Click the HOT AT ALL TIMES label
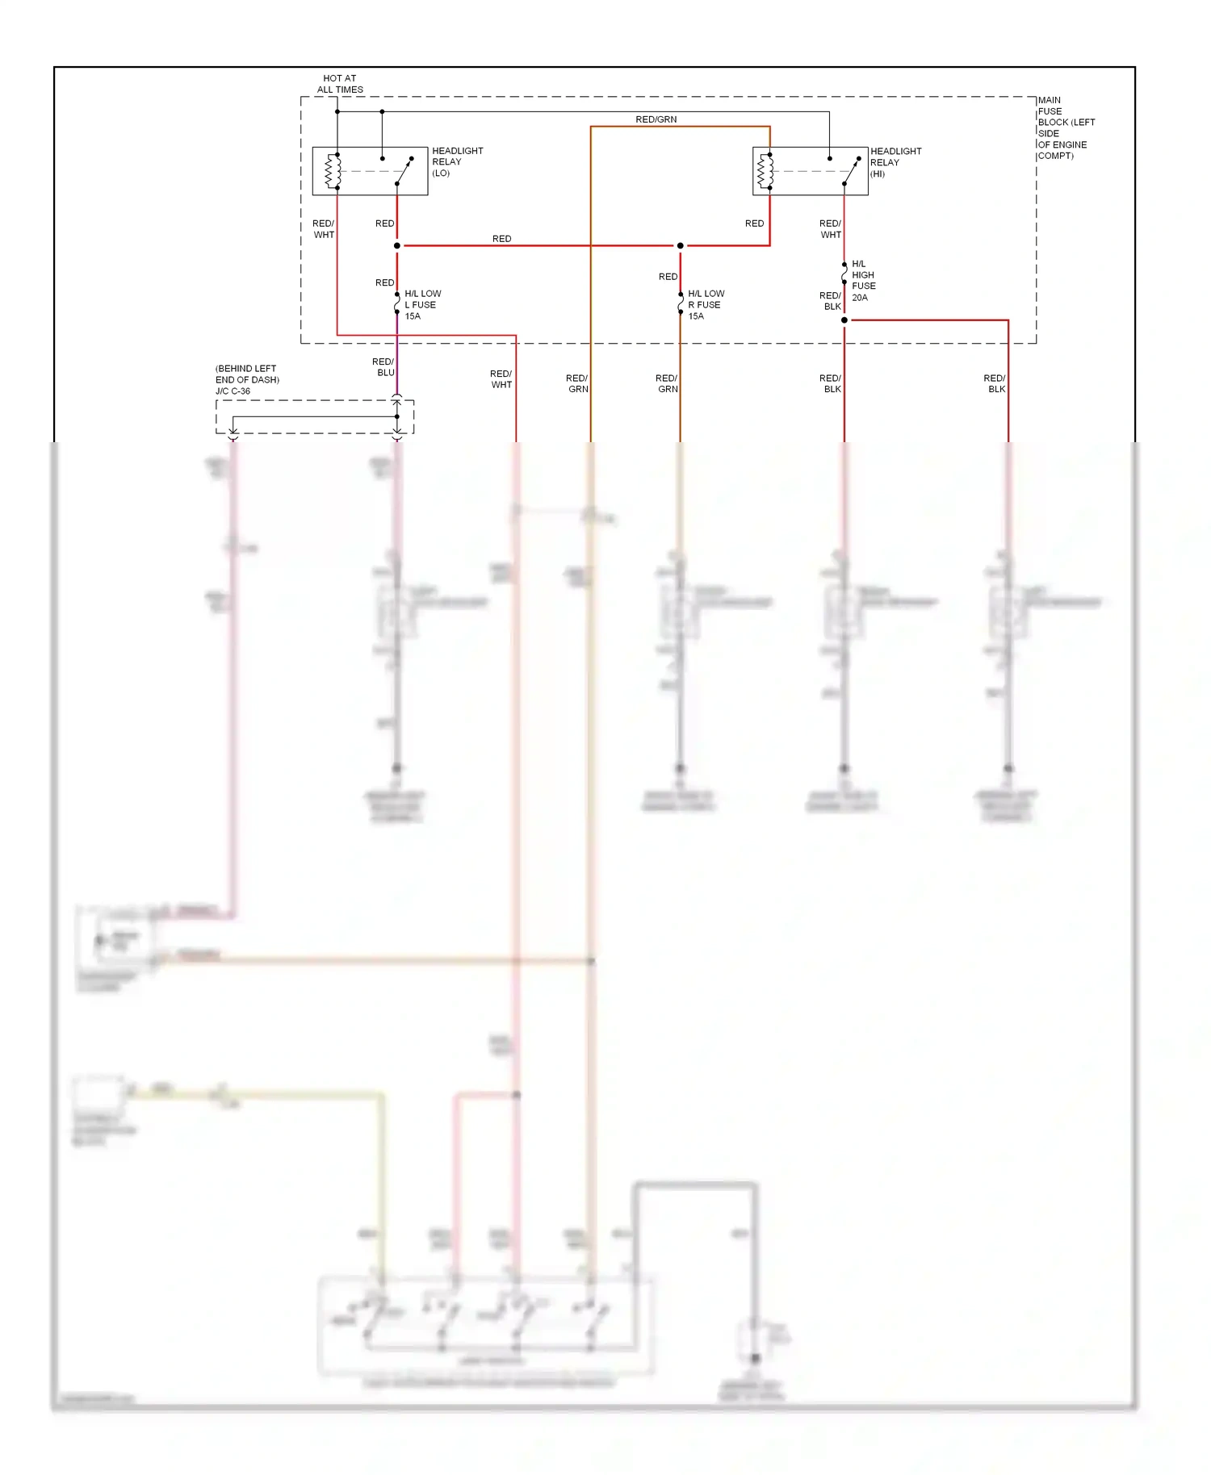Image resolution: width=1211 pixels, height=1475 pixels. pyautogui.click(x=340, y=84)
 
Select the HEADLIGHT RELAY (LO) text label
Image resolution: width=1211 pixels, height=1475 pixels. pyautogui.click(x=457, y=161)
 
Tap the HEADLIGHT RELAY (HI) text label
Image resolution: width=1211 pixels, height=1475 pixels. pyautogui.click(x=895, y=162)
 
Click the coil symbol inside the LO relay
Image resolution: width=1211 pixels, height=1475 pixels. pyautogui.click(x=330, y=171)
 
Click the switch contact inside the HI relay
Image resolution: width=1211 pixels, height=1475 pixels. pyautogui.click(x=851, y=171)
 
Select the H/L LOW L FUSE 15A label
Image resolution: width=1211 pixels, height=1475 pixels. pyautogui.click(x=422, y=305)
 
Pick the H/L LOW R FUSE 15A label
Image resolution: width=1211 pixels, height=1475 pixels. pyautogui.click(x=706, y=305)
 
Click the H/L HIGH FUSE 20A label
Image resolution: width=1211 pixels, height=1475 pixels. pyautogui.click(x=863, y=281)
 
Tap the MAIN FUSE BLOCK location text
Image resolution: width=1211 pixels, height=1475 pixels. pyautogui.click(x=1066, y=127)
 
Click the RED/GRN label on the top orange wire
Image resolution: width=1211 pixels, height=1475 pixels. pyautogui.click(x=656, y=119)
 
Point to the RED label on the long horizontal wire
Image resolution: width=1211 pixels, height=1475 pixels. pyautogui.click(x=501, y=239)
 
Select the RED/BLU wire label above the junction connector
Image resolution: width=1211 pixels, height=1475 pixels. pyautogui.click(x=384, y=367)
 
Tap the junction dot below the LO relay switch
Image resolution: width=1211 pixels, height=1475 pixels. pyautogui.click(x=397, y=245)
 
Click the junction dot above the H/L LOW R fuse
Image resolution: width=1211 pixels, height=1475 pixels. pyautogui.click(x=680, y=245)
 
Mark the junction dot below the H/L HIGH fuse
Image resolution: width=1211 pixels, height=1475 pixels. pyautogui.click(x=844, y=320)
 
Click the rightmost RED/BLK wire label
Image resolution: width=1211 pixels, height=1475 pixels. pyautogui.click(x=995, y=383)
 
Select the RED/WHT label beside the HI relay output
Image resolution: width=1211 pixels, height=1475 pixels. pyautogui.click(x=831, y=229)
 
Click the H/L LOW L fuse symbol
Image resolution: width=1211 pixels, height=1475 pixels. pyautogui.click(x=397, y=303)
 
